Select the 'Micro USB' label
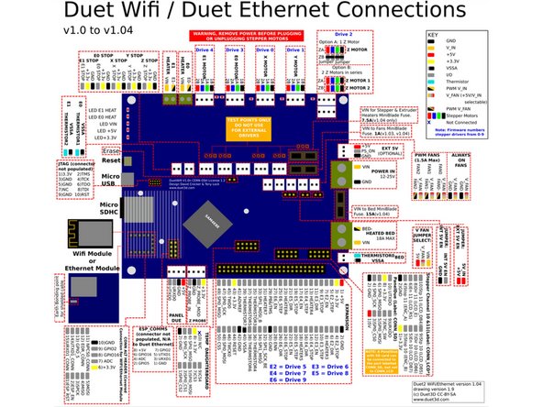point(110,181)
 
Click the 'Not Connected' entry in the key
point(495,124)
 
